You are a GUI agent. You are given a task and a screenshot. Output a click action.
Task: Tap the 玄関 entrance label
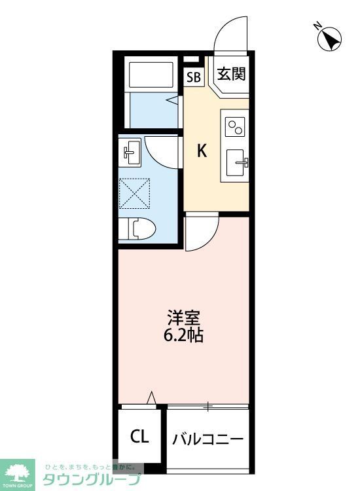[231, 75]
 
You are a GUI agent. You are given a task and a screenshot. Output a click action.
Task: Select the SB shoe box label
[194, 77]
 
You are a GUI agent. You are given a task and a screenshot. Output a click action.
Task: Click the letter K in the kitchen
[202, 151]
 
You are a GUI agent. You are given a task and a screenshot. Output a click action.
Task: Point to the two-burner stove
[235, 124]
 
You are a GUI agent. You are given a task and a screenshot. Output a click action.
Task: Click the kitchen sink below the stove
[236, 161]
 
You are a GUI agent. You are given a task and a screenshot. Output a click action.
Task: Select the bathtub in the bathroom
[151, 76]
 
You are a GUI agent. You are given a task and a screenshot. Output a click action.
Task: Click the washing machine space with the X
[135, 194]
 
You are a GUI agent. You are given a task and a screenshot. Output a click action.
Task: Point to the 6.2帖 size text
[184, 336]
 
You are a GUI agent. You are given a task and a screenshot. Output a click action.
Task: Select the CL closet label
[139, 437]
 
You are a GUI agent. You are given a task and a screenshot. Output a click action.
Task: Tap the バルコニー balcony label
[208, 438]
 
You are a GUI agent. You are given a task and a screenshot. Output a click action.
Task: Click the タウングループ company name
[92, 480]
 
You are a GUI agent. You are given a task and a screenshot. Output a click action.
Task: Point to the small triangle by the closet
[151, 397]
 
